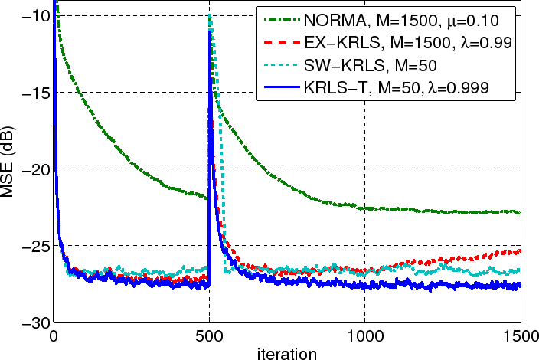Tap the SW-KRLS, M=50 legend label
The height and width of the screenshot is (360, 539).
367,64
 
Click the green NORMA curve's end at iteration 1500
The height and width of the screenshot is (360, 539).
520,212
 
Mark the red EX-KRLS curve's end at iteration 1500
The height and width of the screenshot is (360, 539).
520,251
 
